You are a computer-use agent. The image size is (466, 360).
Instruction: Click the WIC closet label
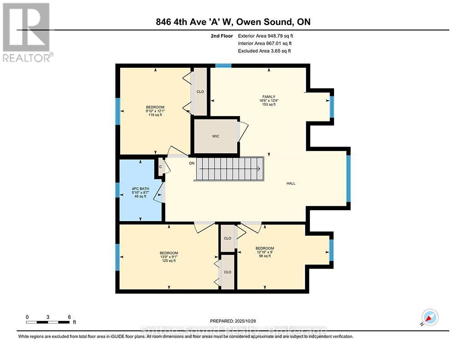coord(216,136)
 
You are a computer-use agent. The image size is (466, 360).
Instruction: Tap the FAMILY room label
coord(268,96)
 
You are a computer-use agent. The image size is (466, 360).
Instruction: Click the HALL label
coord(291,183)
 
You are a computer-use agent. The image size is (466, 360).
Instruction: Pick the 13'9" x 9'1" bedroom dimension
coord(168,257)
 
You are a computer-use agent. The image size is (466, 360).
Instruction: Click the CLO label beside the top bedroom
coord(200,91)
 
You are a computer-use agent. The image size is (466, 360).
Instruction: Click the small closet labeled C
coord(160,167)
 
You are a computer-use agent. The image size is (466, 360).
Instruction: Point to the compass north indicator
coord(429,317)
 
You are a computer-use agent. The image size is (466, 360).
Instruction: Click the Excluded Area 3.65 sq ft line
coord(264,51)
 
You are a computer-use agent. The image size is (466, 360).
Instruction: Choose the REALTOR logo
coord(27,32)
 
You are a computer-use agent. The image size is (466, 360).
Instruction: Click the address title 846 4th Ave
coord(233,22)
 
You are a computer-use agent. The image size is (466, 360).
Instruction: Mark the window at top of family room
coord(223,66)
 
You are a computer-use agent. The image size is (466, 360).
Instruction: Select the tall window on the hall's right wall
coord(349,178)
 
